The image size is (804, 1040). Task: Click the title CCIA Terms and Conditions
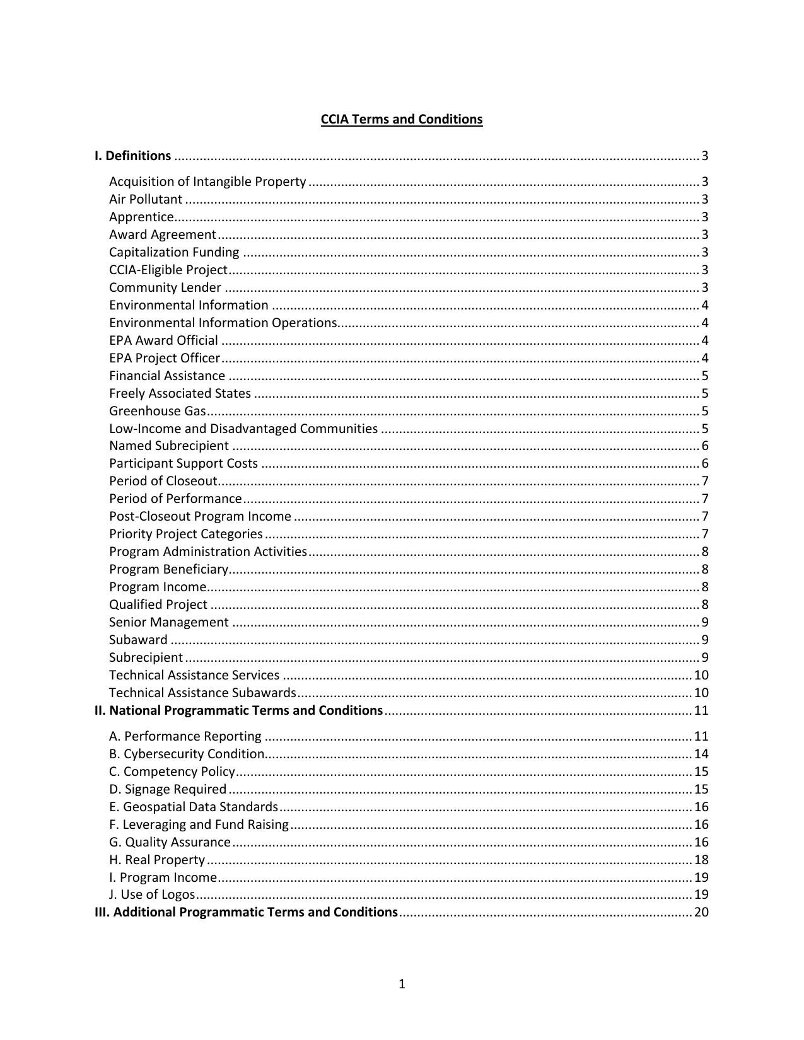click(x=402, y=119)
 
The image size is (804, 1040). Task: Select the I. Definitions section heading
click(x=132, y=156)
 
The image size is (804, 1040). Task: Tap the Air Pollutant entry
click(x=146, y=199)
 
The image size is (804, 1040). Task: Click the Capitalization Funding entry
click(x=174, y=252)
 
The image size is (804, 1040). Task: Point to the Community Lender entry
click(x=165, y=287)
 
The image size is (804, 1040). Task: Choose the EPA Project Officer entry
click(x=165, y=358)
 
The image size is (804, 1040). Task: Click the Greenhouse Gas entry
click(x=158, y=411)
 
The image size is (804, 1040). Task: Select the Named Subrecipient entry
click(x=169, y=446)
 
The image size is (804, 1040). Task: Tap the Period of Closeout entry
click(x=163, y=481)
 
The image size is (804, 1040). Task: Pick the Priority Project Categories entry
click(x=186, y=534)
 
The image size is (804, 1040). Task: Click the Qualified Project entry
click(x=158, y=604)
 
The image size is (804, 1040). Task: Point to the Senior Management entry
click(x=169, y=622)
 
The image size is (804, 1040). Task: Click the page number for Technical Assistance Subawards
click(x=701, y=693)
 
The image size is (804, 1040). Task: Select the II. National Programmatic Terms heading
click(x=239, y=710)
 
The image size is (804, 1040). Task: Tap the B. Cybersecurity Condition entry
click(x=187, y=754)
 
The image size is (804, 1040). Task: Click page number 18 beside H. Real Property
click(x=701, y=860)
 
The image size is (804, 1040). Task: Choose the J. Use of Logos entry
click(x=152, y=894)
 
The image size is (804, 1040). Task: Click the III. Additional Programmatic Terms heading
click(x=247, y=912)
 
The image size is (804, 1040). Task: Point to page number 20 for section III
click(x=701, y=912)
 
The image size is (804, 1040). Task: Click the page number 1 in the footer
click(x=402, y=984)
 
